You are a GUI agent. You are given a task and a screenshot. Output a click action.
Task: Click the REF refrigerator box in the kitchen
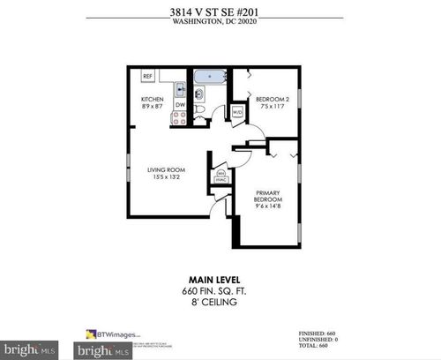[x=148, y=77]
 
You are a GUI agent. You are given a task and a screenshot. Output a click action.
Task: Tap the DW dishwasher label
[x=180, y=106]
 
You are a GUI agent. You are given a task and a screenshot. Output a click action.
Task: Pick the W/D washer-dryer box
[x=236, y=112]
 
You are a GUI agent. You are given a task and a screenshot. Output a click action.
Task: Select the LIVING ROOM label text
[x=163, y=168]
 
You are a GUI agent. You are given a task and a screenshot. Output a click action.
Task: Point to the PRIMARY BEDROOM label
[x=268, y=197]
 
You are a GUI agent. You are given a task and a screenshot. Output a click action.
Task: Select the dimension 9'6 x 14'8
[x=268, y=208]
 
